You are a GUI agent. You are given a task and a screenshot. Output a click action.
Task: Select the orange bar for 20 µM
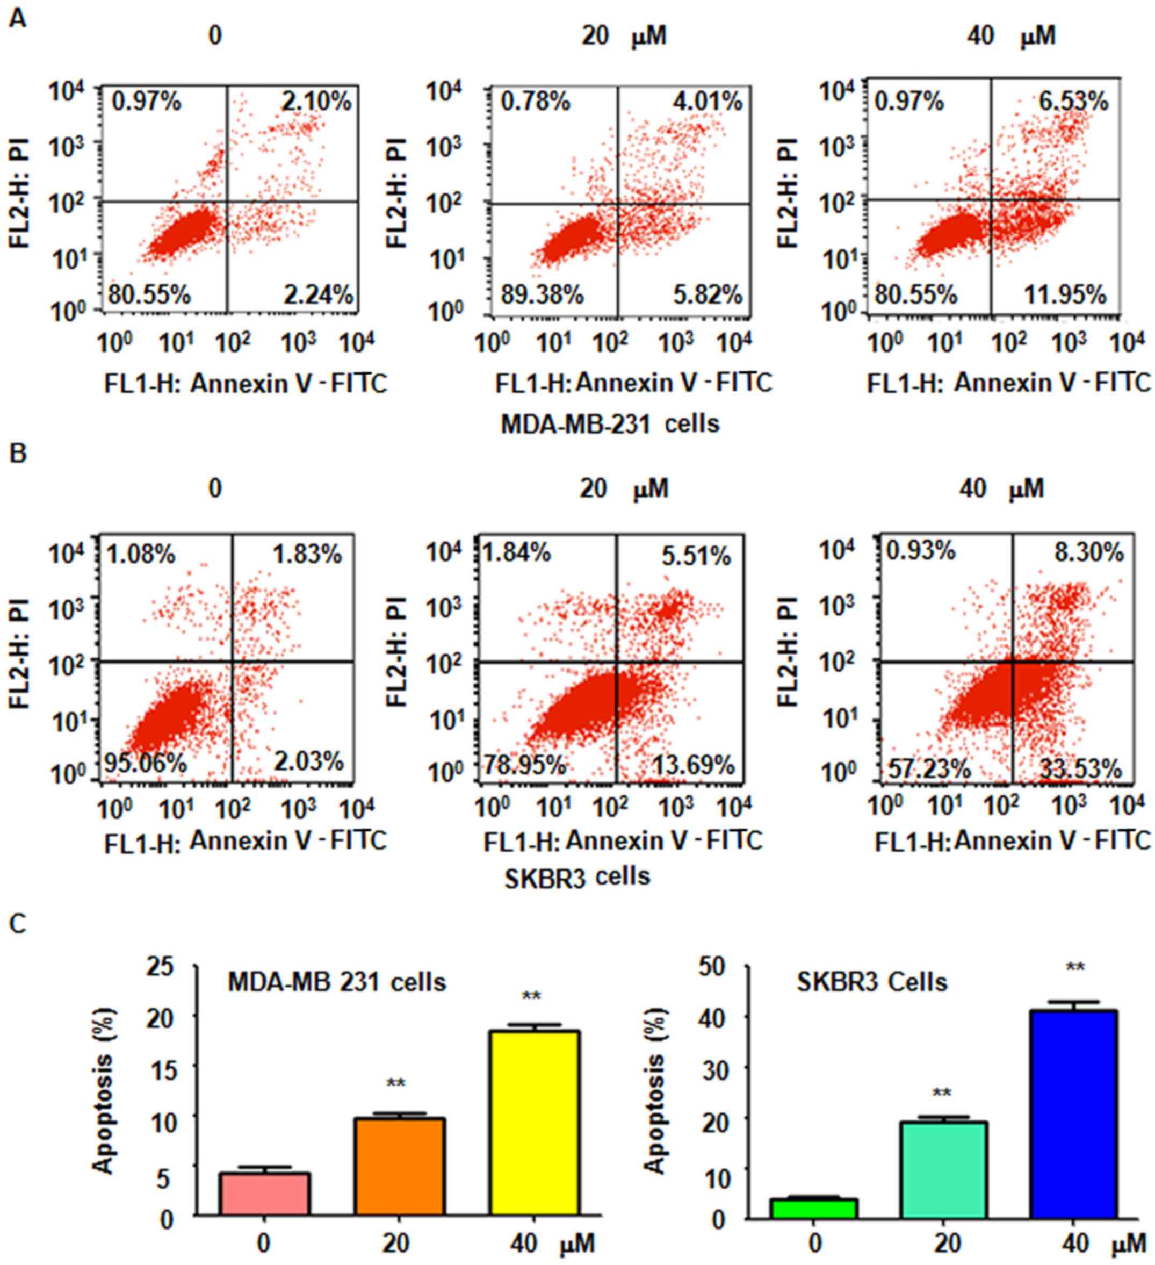(400, 1167)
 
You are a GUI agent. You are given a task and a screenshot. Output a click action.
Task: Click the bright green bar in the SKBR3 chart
(814, 1207)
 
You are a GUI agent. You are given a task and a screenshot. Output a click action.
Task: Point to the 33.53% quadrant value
(1080, 768)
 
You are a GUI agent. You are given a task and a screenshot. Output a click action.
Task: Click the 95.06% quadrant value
(145, 763)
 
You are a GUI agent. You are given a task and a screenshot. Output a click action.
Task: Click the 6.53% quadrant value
(1073, 101)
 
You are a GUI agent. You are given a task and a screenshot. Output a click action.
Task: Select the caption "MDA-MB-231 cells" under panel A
(610, 424)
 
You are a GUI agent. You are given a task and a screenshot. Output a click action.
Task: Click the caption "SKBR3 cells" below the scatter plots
(577, 876)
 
